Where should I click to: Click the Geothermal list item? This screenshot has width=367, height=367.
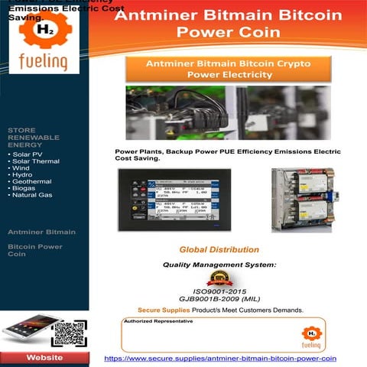point(34,181)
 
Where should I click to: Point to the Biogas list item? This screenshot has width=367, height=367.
point(29,188)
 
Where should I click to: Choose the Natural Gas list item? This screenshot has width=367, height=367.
point(34,195)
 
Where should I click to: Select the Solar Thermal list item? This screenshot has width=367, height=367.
point(36,161)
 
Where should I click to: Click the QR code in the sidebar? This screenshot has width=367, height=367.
point(68,334)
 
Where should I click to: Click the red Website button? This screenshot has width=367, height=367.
point(45,358)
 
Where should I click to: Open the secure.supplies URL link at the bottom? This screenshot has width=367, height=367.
point(220,358)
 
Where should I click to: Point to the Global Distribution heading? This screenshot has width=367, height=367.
point(219,249)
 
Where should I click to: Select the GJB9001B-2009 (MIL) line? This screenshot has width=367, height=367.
point(219,300)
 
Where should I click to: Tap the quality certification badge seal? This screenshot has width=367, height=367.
point(219,278)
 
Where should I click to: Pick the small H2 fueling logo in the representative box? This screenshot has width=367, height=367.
point(311,335)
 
